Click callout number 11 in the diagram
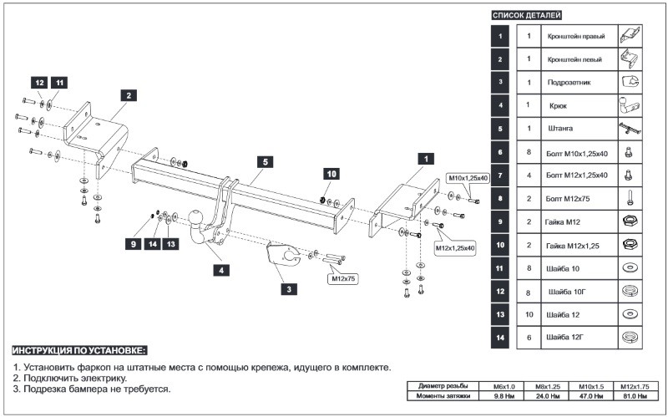click(x=59, y=83)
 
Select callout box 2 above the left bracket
click(x=128, y=95)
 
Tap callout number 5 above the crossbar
click(x=262, y=160)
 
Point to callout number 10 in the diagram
click(x=331, y=174)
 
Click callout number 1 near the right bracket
click(x=424, y=158)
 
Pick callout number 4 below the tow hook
click(x=221, y=269)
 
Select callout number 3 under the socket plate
click(x=288, y=289)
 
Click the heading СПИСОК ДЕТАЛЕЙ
click(x=527, y=15)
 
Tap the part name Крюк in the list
click(x=559, y=106)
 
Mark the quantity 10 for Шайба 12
click(x=529, y=314)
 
